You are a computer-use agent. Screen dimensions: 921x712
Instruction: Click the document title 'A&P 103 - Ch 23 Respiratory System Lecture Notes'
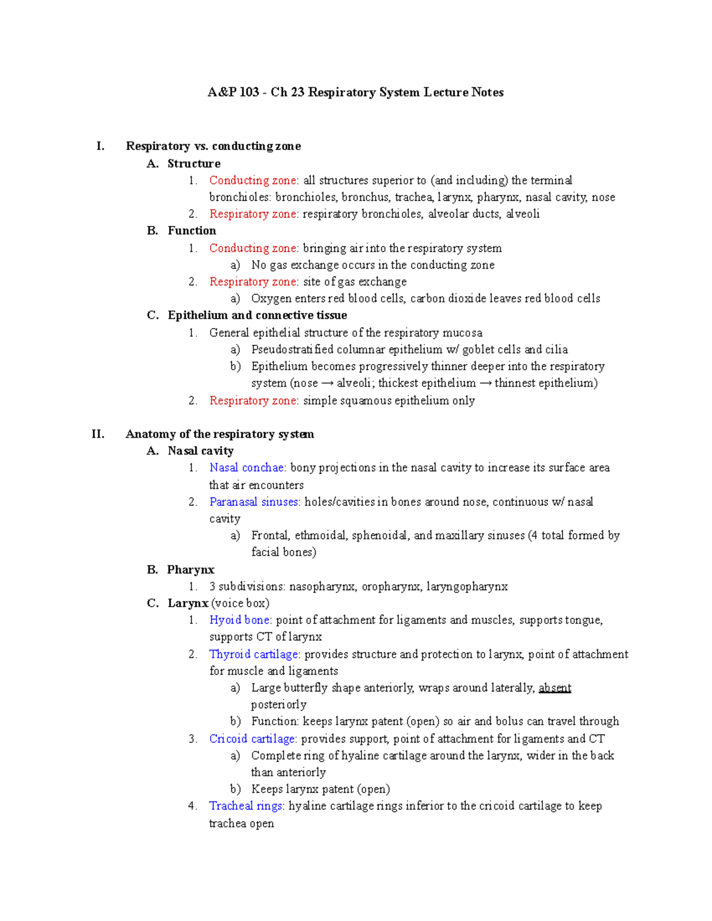point(355,93)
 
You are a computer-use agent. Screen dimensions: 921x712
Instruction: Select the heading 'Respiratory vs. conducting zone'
point(213,146)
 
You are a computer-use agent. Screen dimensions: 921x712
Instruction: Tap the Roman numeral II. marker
point(98,434)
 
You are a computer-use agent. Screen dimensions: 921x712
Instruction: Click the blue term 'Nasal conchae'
point(246,468)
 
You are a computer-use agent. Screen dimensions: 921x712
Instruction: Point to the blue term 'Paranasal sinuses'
point(253,502)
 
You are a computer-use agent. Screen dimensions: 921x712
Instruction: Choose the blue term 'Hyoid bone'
point(239,620)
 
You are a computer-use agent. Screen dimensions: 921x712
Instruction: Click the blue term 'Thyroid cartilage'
point(253,654)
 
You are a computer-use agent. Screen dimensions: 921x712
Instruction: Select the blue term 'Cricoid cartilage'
point(252,739)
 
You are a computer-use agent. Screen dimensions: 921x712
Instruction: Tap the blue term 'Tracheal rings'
point(246,806)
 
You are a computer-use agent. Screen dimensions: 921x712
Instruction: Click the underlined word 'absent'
point(555,688)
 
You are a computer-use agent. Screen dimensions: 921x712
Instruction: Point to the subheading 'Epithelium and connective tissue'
point(257,316)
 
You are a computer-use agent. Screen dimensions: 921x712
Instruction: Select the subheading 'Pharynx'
point(190,570)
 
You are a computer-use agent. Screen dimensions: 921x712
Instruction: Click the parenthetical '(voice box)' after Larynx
point(240,603)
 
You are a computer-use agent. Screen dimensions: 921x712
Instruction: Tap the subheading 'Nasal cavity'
point(201,451)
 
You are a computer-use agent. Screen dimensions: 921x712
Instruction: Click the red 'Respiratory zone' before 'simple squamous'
point(253,401)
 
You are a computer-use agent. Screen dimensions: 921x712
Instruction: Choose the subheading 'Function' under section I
point(192,231)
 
